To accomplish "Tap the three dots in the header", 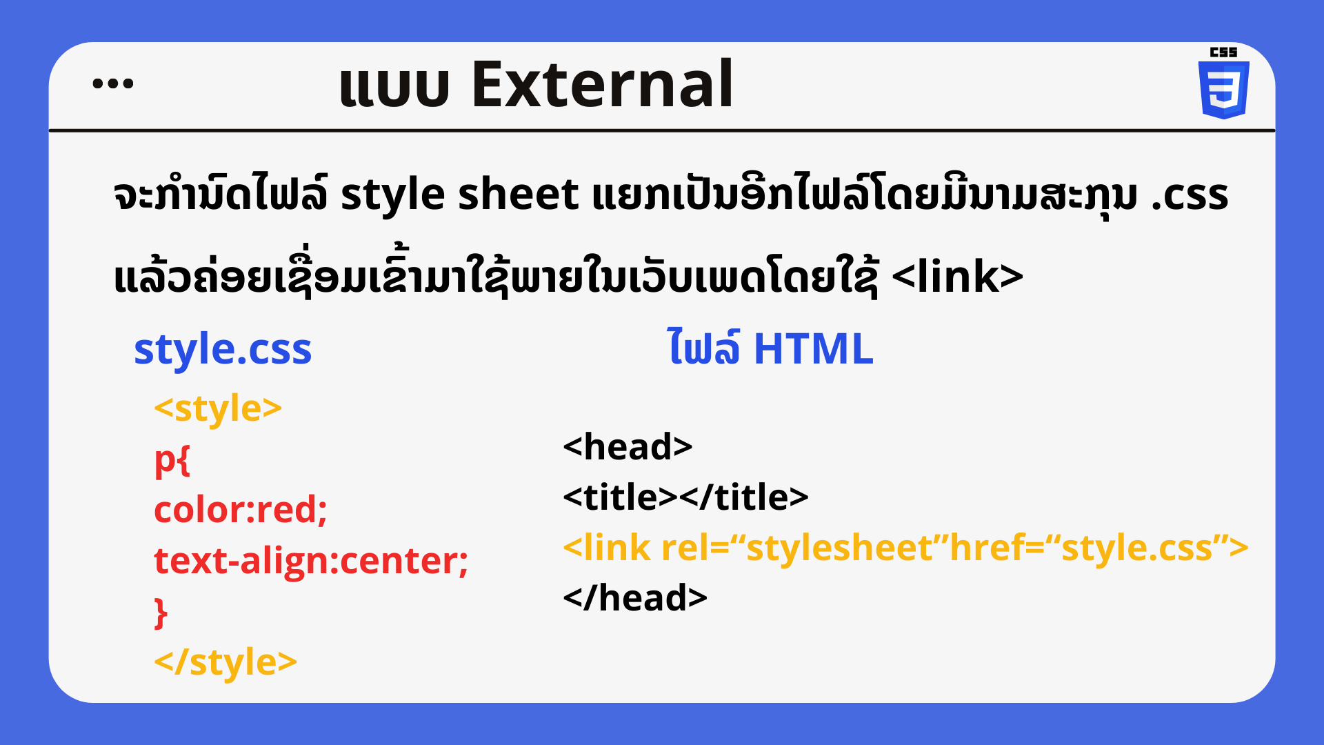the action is coord(113,84).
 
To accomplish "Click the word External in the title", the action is coord(602,84).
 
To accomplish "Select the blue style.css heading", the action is coord(223,350).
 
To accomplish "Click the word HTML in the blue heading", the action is coord(814,349).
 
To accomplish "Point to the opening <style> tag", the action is coord(218,409).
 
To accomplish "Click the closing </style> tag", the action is coord(225,662).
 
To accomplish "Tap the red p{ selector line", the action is coord(172,460).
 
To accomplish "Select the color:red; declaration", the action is coord(241,510).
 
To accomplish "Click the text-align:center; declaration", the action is coord(311,561).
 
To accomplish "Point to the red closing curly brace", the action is coord(161,613).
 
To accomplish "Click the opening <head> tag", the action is coord(628,447).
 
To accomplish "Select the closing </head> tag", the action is coord(635,598).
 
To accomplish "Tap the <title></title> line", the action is coord(685,497).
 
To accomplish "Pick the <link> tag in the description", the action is coord(957,277).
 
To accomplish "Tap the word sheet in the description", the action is coord(518,195).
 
